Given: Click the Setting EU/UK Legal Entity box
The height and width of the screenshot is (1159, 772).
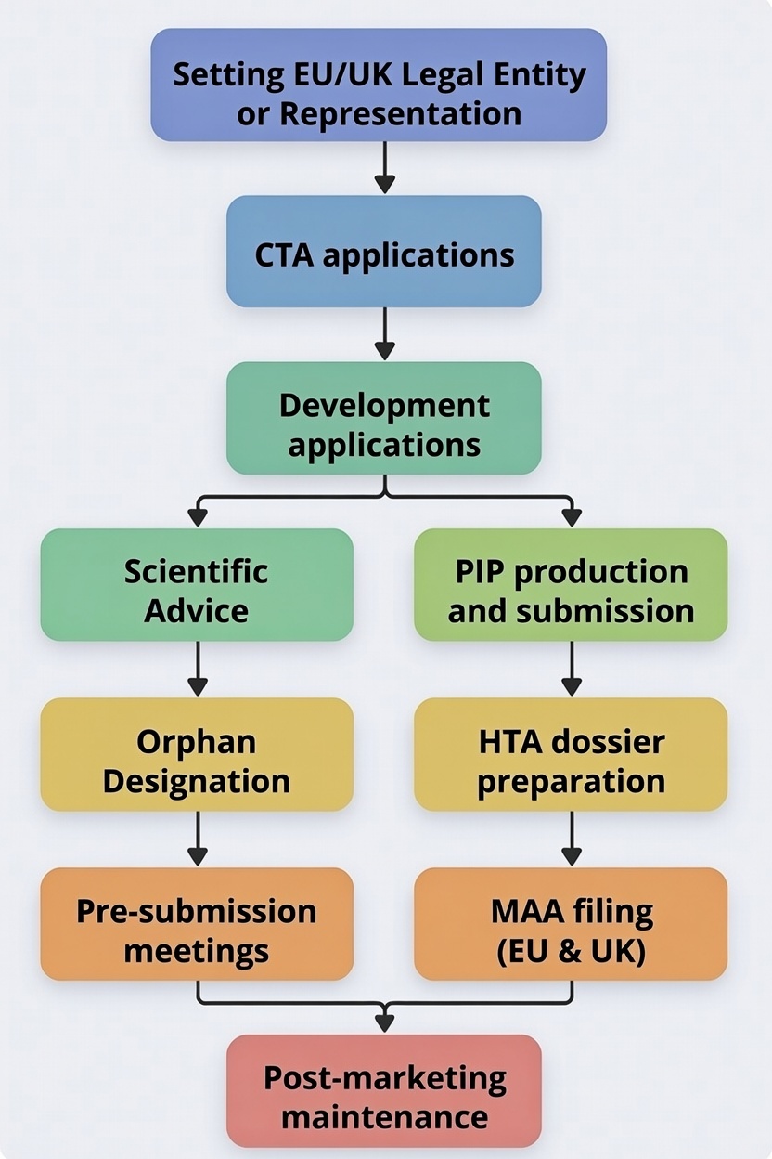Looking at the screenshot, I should pos(379,85).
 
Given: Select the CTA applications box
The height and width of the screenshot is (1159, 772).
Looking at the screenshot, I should pos(383,251).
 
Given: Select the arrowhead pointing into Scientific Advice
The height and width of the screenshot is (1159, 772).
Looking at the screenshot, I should pos(197,517).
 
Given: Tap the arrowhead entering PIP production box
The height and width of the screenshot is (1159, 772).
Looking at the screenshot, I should pos(571,517).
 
